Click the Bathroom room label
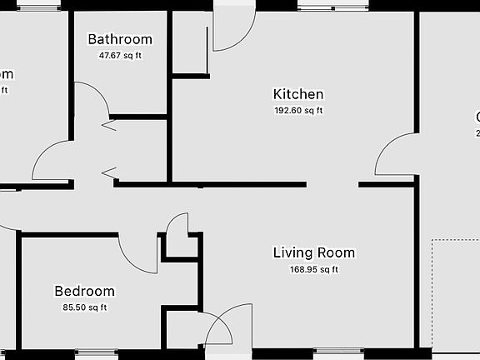120,39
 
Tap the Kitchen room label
298,94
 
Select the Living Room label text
314,252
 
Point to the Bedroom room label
84,291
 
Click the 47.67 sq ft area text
120,56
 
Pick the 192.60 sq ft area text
298,110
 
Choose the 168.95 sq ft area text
314,269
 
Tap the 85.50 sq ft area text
84,307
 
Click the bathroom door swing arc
95,99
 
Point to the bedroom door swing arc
138,254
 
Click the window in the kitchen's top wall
333,7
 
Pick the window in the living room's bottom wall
337,352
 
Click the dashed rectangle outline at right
455,292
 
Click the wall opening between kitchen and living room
332,184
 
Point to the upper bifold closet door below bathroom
108,126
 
